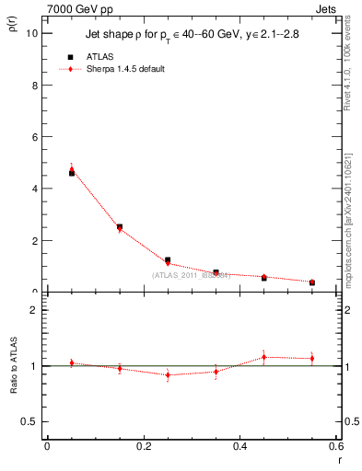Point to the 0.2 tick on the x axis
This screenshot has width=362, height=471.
[x=144, y=447]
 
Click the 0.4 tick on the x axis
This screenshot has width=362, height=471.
[x=240, y=447]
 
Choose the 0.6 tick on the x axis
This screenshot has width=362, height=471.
[x=336, y=447]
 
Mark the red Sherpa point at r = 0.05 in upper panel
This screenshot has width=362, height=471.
[x=72, y=168]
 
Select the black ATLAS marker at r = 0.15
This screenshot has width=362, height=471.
[x=120, y=226]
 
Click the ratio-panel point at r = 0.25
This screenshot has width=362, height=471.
[x=168, y=374]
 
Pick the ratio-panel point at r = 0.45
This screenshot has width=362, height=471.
[x=263, y=357]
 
